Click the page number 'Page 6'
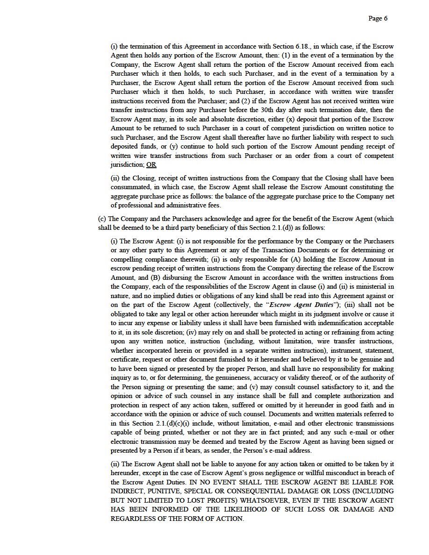pyautogui.click(x=378, y=19)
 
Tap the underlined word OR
pyautogui.click(x=151, y=165)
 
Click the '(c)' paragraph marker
pyautogui.click(x=102, y=219)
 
